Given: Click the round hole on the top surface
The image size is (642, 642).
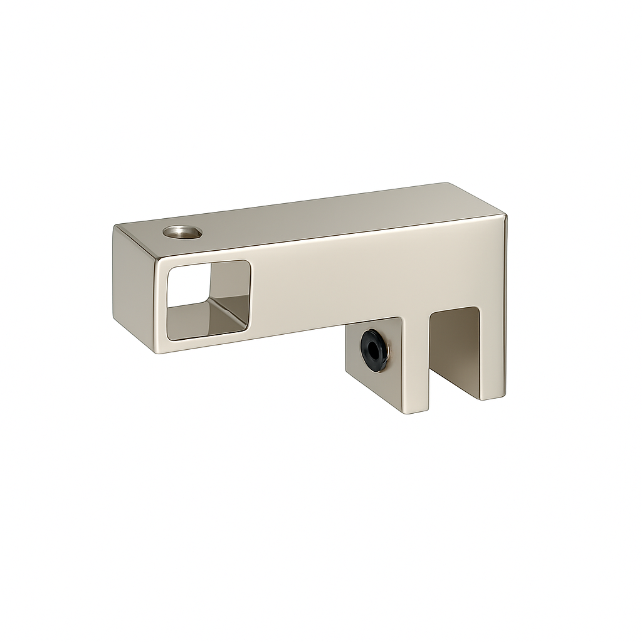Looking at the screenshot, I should (x=182, y=232).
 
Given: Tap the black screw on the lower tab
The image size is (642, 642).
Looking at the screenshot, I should (x=374, y=350).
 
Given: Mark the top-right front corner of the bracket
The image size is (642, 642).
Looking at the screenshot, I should (x=505, y=216).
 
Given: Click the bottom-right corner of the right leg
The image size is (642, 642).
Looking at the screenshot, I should (x=503, y=395).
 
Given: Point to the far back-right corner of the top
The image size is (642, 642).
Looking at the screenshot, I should (x=447, y=184).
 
